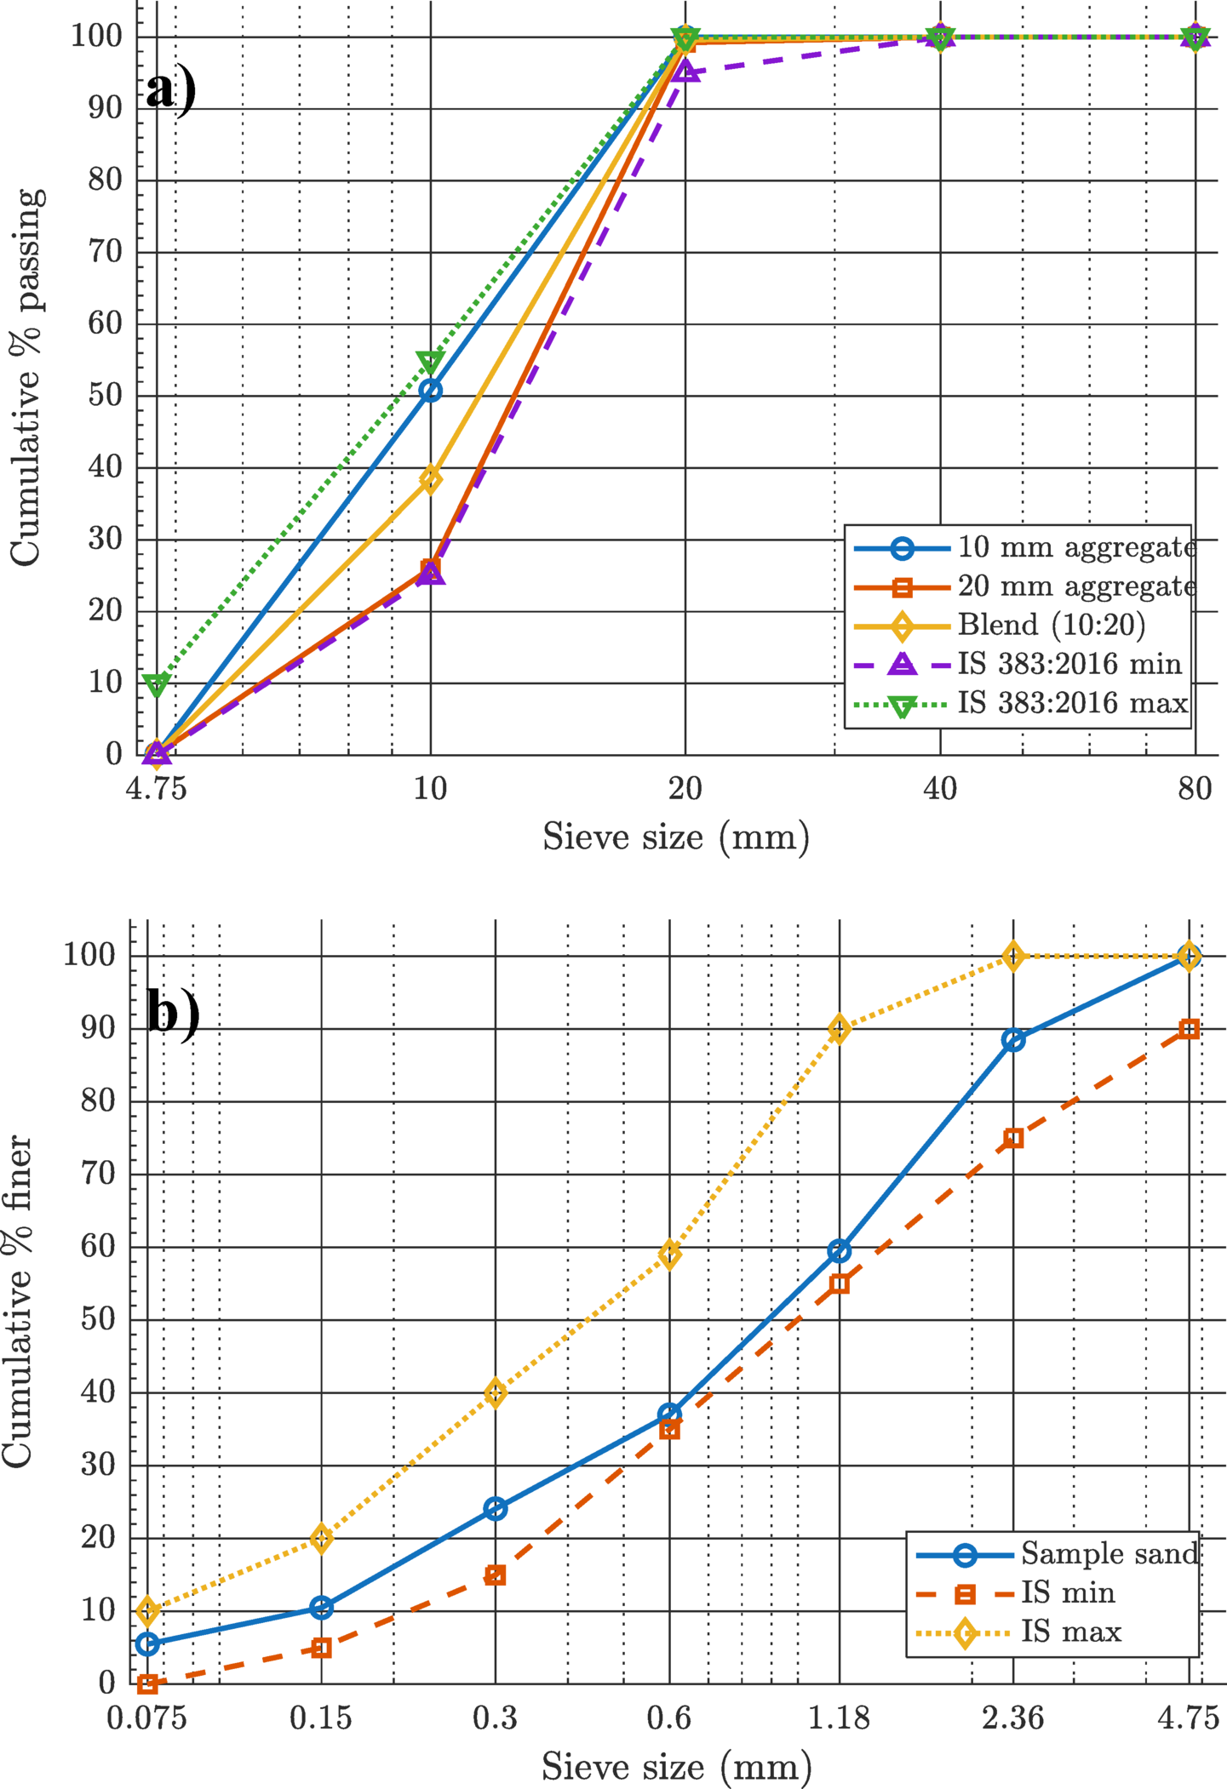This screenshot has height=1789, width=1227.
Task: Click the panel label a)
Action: (170, 90)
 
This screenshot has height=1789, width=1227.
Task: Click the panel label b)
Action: (173, 1012)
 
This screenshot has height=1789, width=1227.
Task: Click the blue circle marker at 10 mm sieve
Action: (431, 391)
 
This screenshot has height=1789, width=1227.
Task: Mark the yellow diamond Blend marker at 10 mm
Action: (431, 479)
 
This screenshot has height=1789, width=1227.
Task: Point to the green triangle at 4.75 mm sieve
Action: (157, 684)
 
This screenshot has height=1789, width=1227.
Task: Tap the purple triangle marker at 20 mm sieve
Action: (686, 71)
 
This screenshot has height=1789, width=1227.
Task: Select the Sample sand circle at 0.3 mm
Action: (496, 1509)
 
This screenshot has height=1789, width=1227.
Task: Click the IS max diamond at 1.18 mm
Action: (840, 1029)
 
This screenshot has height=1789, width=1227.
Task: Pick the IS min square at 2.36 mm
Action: (1013, 1139)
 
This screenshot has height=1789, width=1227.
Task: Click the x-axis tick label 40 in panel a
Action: (940, 789)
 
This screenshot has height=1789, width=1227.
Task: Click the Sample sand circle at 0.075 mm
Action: (148, 1644)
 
